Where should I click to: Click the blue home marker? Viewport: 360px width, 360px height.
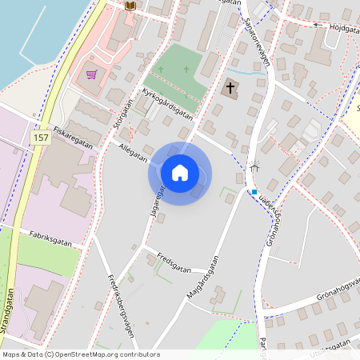pos(180,172)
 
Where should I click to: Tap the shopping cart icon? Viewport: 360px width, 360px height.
pos(92,74)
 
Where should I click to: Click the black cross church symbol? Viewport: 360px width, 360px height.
pos(230,86)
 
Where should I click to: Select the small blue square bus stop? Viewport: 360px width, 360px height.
pos(254,192)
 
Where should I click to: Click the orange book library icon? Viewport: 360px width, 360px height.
pos(131,6)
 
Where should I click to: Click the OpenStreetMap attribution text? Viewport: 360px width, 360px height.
pos(80,354)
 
